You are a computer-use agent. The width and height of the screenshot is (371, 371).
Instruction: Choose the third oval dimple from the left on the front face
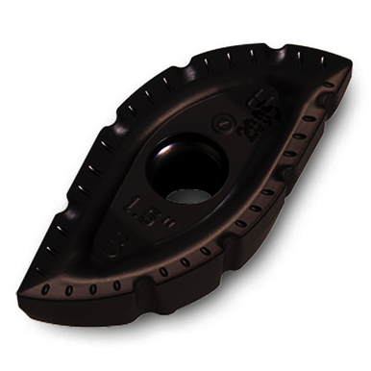coord(93,288)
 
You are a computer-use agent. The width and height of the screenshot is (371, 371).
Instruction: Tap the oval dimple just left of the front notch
coord(116,285)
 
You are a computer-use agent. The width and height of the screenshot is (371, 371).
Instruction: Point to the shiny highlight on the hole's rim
coord(169,144)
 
